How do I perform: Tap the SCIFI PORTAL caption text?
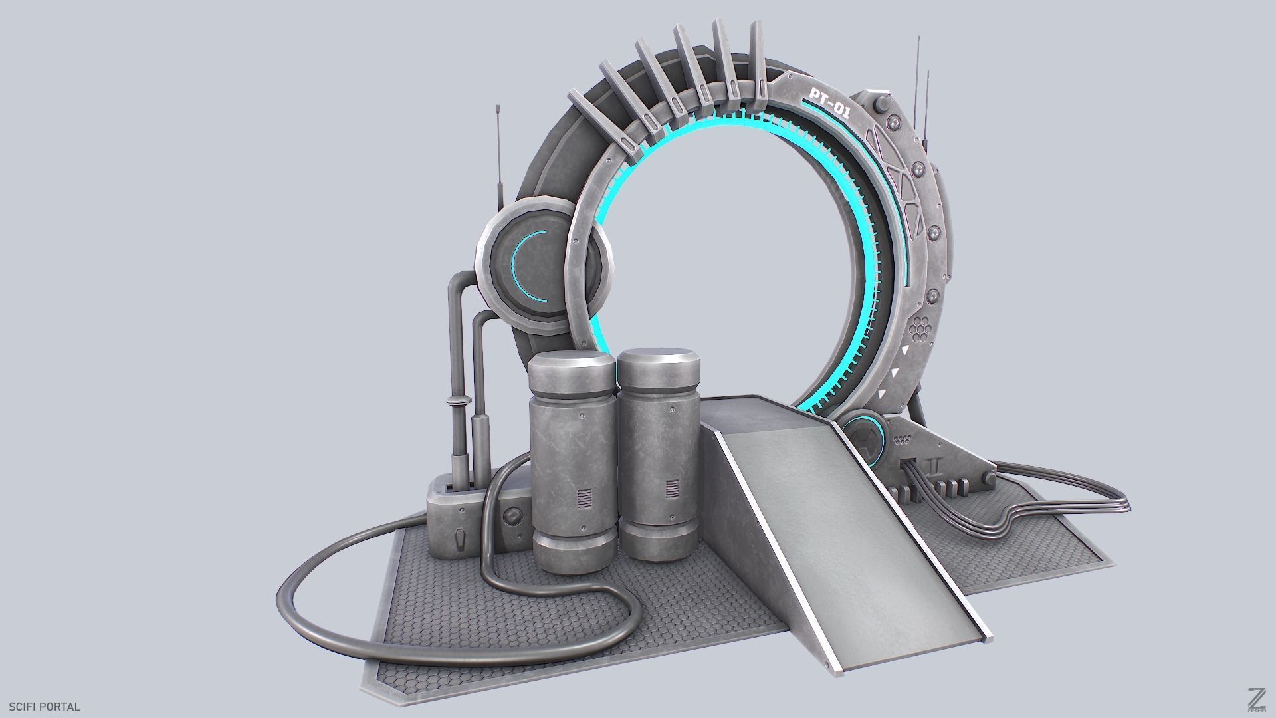click(x=45, y=707)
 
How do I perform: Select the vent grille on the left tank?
click(x=584, y=498)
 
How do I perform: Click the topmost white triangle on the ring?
click(x=904, y=349)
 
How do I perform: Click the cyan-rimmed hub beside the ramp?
click(x=864, y=439)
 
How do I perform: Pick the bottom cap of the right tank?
click(x=657, y=542)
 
